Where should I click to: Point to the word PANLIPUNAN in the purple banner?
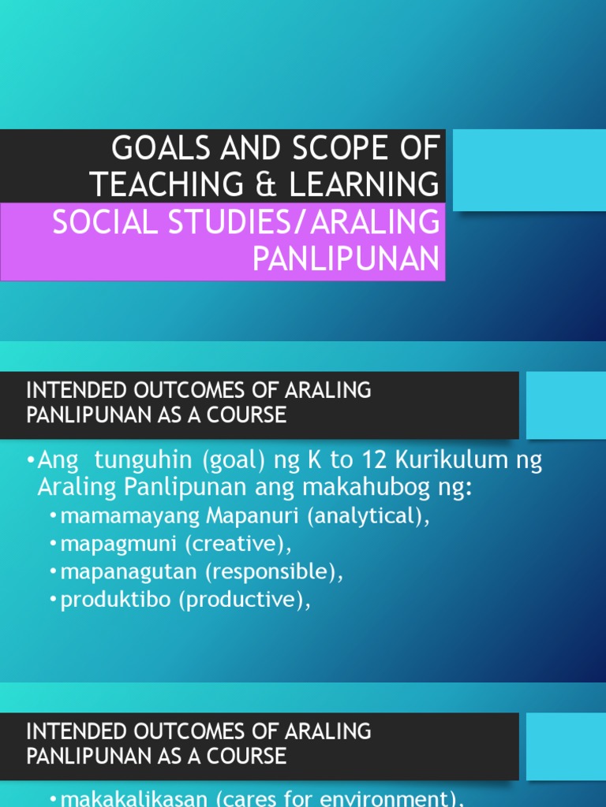pos(346,258)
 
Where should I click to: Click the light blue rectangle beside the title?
pos(529,171)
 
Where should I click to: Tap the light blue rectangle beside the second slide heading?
pos(566,405)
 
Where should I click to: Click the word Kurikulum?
pos(422,460)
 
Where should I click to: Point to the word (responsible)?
pos(269,572)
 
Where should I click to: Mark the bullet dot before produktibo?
pos(53,601)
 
